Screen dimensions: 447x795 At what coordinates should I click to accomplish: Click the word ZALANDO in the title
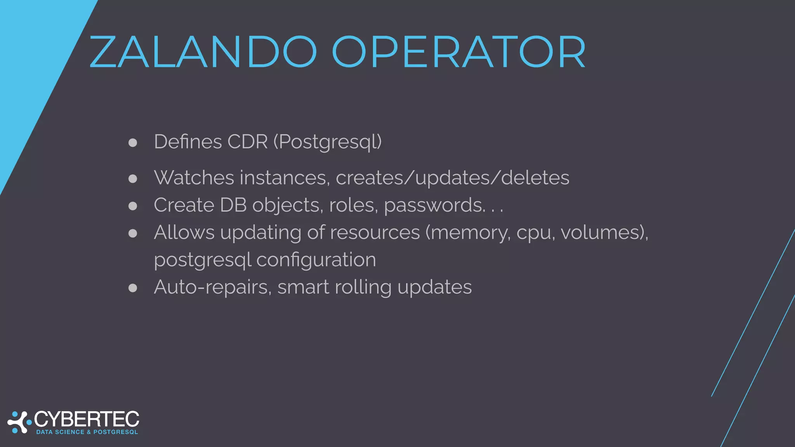[x=203, y=52]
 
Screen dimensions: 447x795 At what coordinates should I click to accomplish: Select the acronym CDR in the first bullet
[x=247, y=142]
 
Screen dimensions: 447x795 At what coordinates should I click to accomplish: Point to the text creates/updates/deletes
[x=452, y=178]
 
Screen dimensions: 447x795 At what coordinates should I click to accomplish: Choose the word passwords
[x=434, y=205]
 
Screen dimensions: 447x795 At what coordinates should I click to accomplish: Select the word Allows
[x=184, y=232]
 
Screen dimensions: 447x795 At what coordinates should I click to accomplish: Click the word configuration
[x=316, y=260]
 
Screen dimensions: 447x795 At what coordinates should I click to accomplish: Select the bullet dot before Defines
[x=133, y=142]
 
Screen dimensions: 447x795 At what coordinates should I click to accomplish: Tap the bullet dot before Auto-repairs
[x=133, y=288]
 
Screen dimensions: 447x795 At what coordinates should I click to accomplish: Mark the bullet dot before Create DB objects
[x=133, y=206]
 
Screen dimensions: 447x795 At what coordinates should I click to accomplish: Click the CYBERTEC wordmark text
[x=87, y=419]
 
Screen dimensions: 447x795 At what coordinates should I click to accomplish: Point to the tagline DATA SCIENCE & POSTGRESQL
[x=87, y=432]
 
